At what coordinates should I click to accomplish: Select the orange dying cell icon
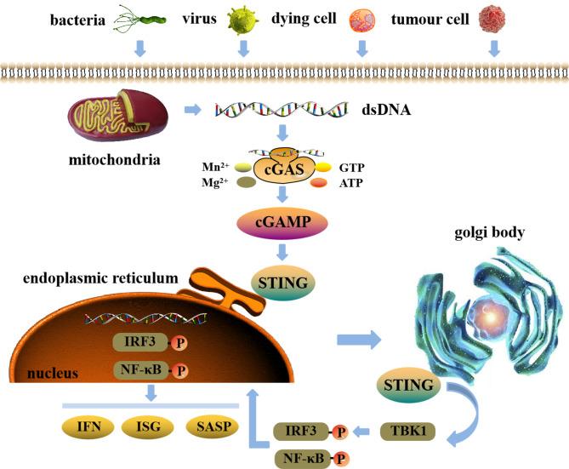(361, 19)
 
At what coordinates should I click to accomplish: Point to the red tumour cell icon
(494, 18)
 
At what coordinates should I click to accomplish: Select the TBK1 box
(405, 431)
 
